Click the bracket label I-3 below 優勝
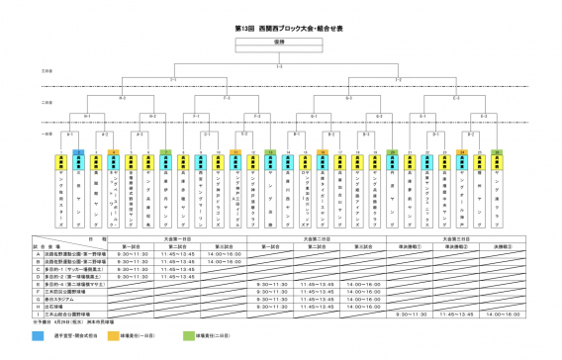[281, 67]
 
